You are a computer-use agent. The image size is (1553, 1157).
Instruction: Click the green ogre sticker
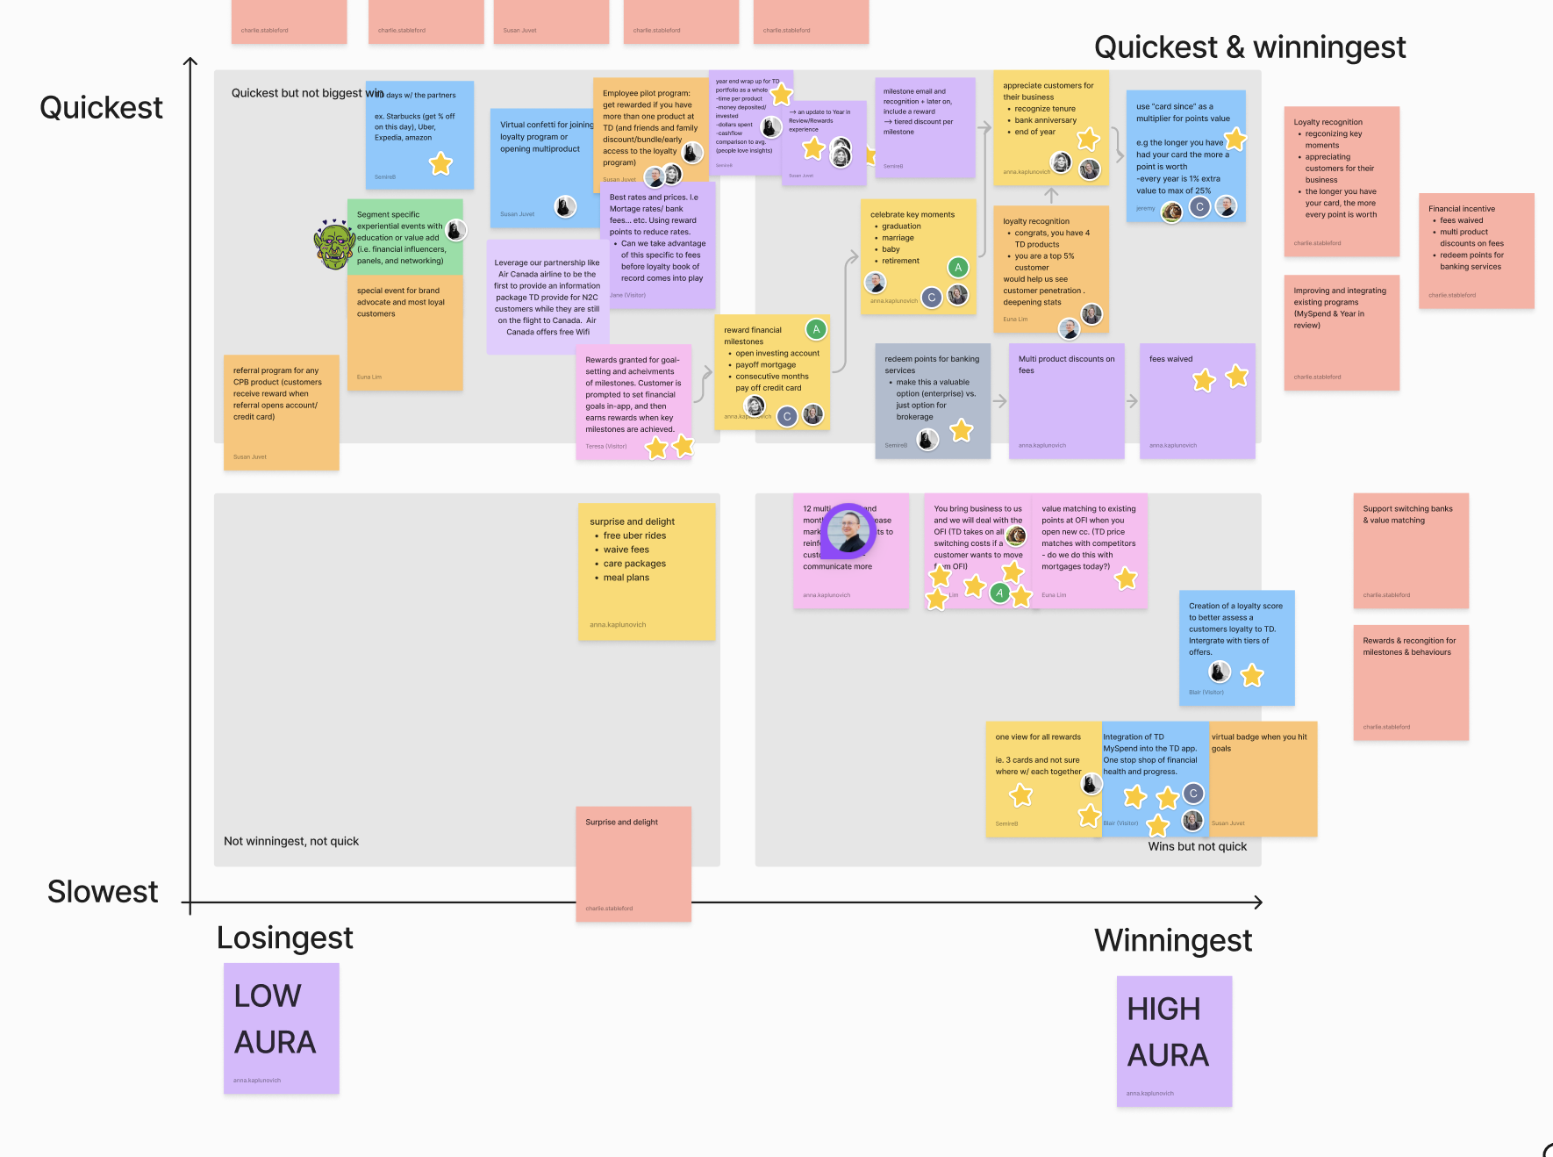[334, 245]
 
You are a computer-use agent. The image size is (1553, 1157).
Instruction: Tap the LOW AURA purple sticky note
[281, 1027]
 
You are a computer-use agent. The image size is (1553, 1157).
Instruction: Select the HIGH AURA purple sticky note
[1174, 1040]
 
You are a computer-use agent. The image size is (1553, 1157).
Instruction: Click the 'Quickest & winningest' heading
[1249, 47]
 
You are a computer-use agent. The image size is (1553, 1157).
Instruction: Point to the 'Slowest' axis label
[103, 892]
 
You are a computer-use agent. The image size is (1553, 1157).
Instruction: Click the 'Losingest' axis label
[284, 938]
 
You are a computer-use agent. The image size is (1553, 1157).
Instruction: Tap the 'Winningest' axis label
[1172, 941]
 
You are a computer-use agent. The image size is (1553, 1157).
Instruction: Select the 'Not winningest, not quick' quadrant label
[291, 841]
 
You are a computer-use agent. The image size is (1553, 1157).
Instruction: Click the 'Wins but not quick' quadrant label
[1197, 846]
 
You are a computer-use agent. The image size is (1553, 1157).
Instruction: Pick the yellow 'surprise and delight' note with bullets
[647, 571]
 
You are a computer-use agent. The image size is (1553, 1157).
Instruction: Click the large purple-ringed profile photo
[849, 530]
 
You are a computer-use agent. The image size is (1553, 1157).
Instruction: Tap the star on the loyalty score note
[1252, 675]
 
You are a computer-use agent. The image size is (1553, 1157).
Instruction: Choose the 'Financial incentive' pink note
[1476, 250]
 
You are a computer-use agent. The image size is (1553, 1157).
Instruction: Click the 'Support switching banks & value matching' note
[1410, 550]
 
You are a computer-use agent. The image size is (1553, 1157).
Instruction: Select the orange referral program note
[281, 412]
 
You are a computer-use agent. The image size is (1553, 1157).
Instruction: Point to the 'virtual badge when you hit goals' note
[1263, 778]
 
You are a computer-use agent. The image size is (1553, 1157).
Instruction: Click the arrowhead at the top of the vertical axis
[190, 61]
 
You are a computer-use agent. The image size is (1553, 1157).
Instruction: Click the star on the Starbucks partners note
[440, 163]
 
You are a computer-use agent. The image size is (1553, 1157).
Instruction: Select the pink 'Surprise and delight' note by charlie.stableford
[633, 863]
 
